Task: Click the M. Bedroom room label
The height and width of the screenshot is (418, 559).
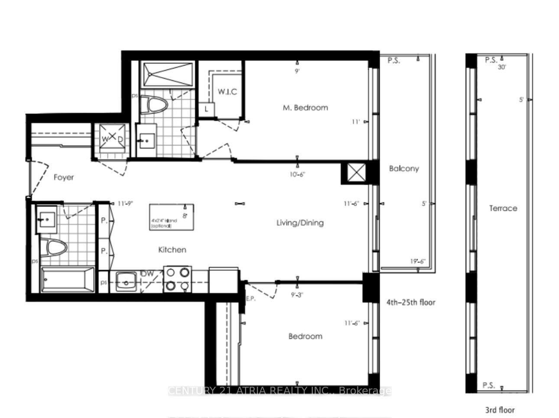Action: click(x=305, y=108)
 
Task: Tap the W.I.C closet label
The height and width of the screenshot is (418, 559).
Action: click(x=227, y=92)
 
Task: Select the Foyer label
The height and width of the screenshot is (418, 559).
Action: click(x=64, y=177)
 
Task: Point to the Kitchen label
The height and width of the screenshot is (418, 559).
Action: click(x=172, y=250)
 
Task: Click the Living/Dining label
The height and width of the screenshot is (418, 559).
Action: click(x=300, y=223)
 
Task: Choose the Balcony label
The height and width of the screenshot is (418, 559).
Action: click(x=404, y=169)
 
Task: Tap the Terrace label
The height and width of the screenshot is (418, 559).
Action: click(x=503, y=208)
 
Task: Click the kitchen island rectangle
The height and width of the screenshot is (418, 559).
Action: click(x=172, y=217)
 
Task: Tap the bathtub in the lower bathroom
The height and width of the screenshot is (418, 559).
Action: click(x=68, y=280)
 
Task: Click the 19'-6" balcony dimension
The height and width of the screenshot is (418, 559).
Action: click(x=418, y=261)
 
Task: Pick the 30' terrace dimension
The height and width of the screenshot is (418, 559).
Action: click(x=502, y=67)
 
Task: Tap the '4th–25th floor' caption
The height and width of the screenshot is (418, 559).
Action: click(x=410, y=302)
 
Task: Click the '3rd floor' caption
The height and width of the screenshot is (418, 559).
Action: click(x=499, y=410)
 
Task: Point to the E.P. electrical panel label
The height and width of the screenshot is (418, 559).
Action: click(x=250, y=298)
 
